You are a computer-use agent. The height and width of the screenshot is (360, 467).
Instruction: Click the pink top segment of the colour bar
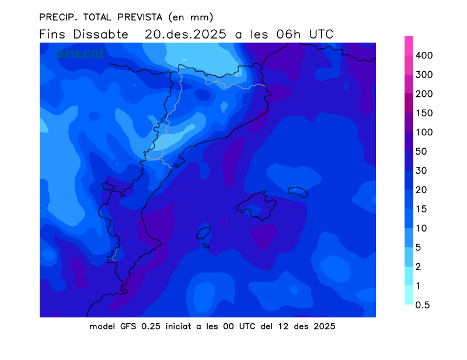[x=409, y=46]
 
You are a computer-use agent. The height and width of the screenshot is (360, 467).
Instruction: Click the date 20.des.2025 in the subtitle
[x=187, y=34]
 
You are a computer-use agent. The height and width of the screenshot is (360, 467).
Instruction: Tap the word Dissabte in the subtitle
[x=100, y=34]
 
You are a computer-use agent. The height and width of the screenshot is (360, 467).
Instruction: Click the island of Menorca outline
[x=298, y=192]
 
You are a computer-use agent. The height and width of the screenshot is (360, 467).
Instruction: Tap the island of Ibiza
[x=203, y=233]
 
